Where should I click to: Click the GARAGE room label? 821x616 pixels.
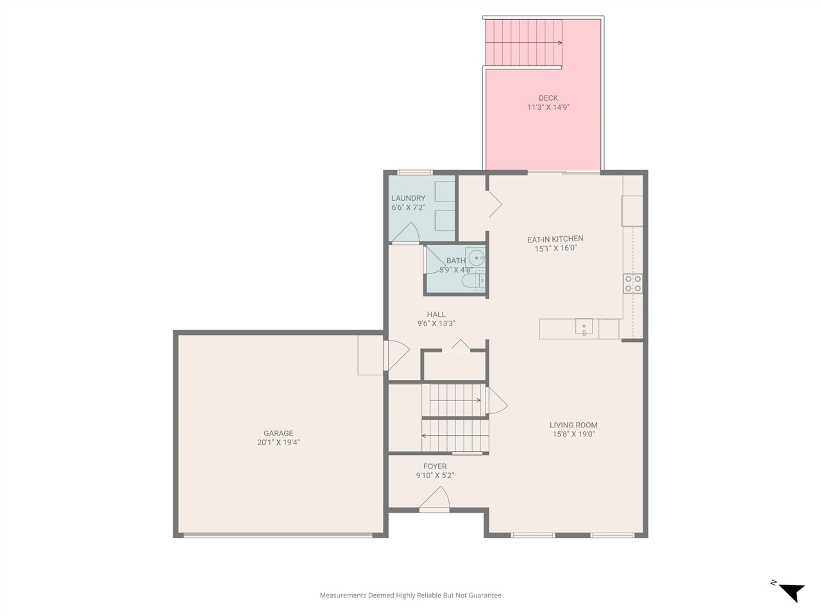278,433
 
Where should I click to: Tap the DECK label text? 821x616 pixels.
548,98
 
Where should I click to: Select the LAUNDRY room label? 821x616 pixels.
408,198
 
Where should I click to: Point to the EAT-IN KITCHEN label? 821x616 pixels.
555,239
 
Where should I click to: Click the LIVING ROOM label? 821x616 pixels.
573,425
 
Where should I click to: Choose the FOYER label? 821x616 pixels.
435,466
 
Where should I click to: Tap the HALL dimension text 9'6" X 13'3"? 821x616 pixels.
436,324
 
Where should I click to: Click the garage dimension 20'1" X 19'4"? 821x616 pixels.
278,443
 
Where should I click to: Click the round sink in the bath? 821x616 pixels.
477,258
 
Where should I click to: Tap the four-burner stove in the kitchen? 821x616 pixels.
633,284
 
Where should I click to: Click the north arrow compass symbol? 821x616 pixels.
790,591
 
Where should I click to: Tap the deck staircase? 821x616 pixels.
523,42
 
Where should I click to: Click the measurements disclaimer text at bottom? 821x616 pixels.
410,595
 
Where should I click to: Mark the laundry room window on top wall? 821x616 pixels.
414,172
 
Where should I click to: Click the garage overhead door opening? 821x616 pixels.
278,535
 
